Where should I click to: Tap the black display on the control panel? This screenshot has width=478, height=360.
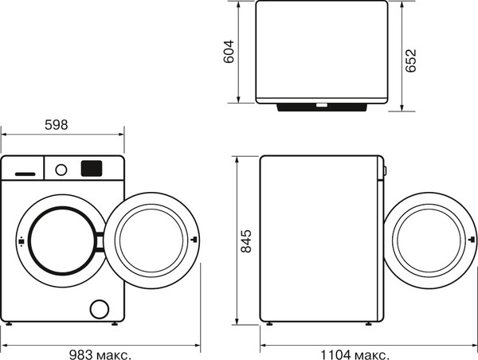(91, 168)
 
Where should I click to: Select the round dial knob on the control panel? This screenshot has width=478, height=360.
(61, 168)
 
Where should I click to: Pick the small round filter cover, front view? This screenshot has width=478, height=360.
(100, 308)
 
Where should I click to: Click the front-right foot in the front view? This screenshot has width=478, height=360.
(116, 323)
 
